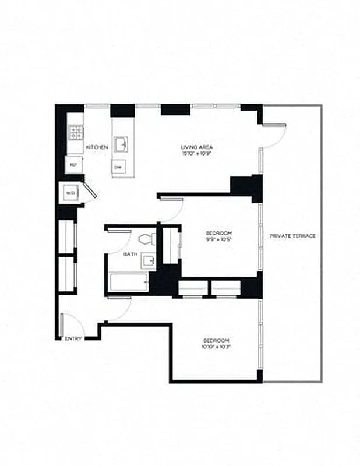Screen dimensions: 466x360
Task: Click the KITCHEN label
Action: click(97, 147)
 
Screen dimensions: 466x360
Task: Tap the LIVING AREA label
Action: click(195, 147)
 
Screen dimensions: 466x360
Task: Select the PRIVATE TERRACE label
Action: click(293, 236)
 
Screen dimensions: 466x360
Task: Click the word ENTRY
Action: click(73, 338)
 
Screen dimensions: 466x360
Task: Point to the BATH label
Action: click(129, 255)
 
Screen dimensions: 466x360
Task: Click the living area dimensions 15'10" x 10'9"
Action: click(195, 154)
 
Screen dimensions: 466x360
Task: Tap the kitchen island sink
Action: click(122, 143)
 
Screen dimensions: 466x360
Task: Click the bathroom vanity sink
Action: click(149, 261)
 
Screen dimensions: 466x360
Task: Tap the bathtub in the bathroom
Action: click(128, 283)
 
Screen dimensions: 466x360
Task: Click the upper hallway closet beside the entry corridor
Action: click(68, 236)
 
